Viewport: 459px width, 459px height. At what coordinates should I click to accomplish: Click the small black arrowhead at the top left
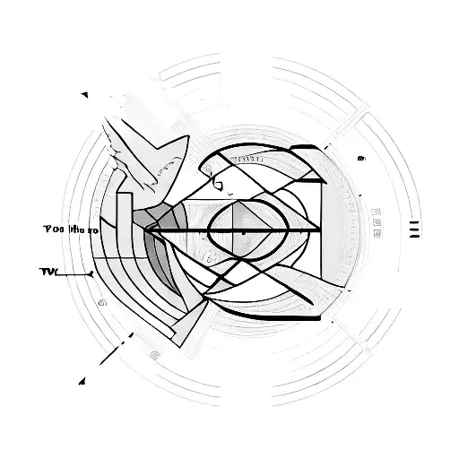84,93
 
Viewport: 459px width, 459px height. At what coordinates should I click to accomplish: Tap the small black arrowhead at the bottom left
82,380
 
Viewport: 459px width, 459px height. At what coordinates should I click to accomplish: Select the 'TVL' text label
49,270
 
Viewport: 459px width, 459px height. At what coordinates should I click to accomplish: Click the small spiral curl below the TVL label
102,303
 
